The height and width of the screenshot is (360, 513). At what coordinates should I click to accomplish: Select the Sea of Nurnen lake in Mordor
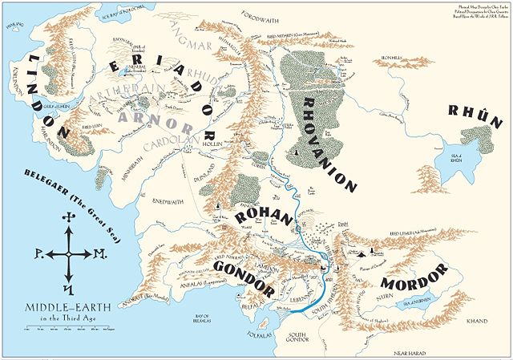tap(434, 304)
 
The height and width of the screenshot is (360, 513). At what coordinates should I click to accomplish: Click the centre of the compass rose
tap(68, 253)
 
